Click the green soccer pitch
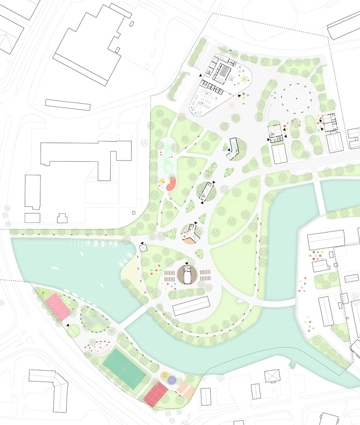pos(123,365)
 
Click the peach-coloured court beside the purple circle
pos(185,387)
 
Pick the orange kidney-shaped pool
pos(171,184)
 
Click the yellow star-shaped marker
pos(245,80)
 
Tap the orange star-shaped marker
pos(232,105)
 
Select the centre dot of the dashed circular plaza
pos(294,98)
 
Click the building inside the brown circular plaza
pos(187,275)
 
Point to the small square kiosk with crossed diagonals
pos(143,248)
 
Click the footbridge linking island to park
pos(131,318)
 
